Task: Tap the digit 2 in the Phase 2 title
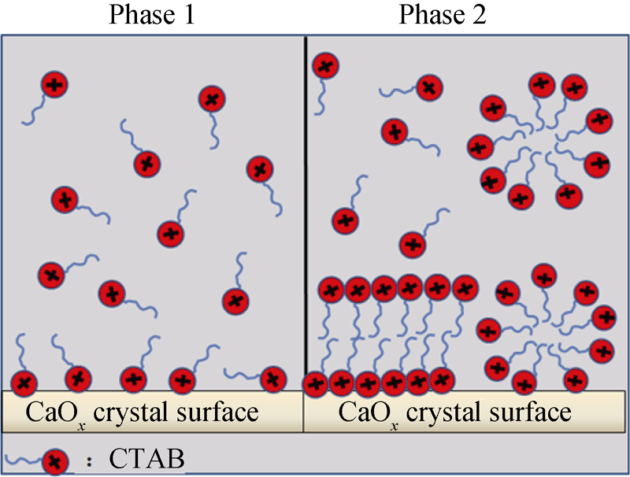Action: [x=478, y=14]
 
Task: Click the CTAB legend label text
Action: [x=146, y=458]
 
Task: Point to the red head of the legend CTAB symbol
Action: [x=55, y=462]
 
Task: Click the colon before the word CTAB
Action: [x=89, y=461]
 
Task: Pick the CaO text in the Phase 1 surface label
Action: [x=50, y=412]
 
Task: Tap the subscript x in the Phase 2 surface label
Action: [x=395, y=426]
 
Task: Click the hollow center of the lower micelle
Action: [x=547, y=336]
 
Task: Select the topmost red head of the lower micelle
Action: [x=544, y=276]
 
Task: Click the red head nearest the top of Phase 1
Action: [x=54, y=85]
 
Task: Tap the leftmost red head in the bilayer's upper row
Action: [x=331, y=290]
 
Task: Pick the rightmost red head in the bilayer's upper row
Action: [x=465, y=288]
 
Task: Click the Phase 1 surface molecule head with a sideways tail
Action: [x=273, y=379]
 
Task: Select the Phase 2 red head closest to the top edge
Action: [x=326, y=66]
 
